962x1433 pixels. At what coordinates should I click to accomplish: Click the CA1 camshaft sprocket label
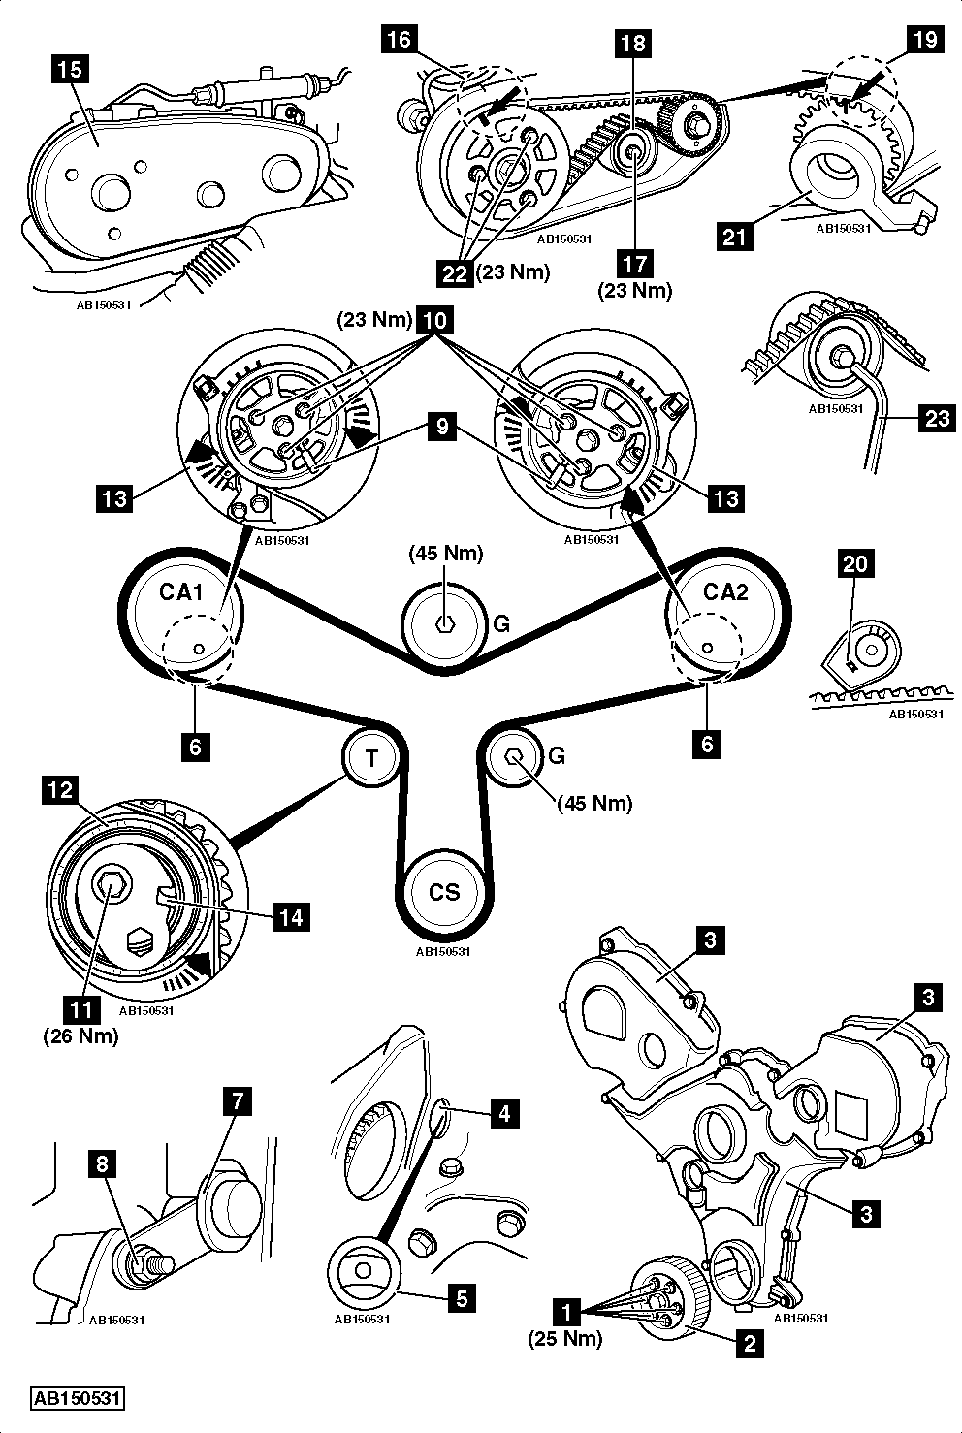[181, 591]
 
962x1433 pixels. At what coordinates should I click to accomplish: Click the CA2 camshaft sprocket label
[726, 591]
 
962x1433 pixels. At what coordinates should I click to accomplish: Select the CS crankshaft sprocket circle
[444, 891]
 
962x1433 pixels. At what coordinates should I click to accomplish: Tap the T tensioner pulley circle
[372, 757]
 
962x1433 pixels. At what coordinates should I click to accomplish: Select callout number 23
[939, 418]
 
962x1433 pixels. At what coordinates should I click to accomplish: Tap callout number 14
[292, 916]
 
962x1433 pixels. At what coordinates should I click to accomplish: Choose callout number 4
[503, 1113]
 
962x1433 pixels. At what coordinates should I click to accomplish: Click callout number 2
[747, 1344]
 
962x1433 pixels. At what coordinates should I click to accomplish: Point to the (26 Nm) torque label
[80, 1035]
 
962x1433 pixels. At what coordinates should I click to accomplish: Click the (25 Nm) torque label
[565, 1339]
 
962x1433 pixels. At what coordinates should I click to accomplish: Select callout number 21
[735, 235]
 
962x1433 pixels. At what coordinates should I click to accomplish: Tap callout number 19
[922, 40]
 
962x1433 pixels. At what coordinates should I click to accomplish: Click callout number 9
[442, 429]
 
